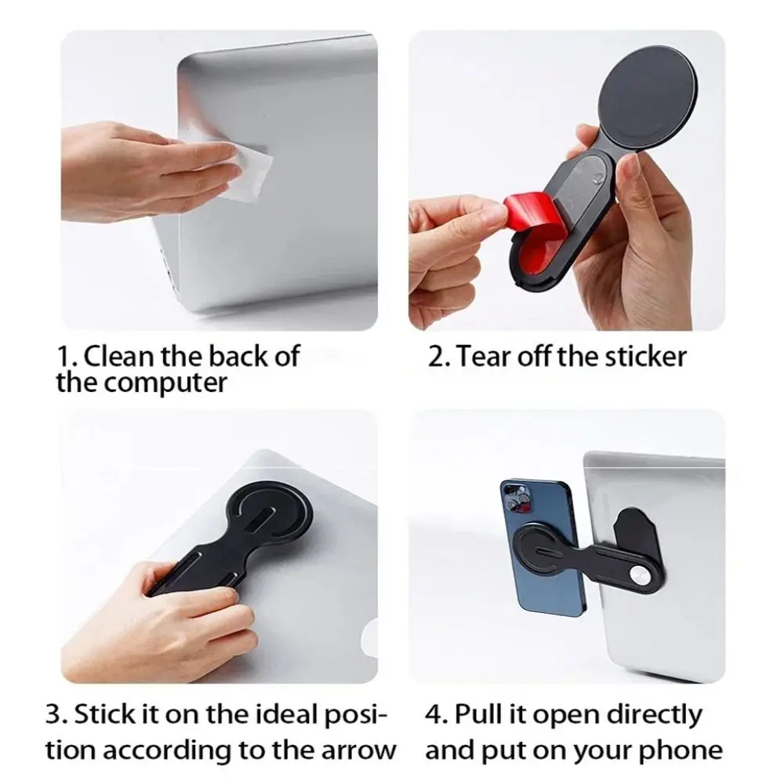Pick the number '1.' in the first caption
[x=66, y=357]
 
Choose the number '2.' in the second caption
[x=439, y=357]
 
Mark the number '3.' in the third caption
[x=55, y=715]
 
